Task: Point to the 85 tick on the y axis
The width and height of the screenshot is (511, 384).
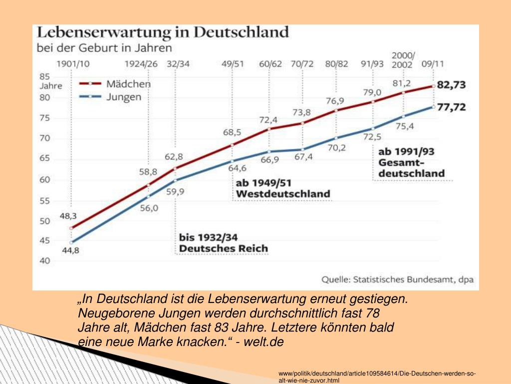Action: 44,76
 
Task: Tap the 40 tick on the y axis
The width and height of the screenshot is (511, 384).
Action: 44,260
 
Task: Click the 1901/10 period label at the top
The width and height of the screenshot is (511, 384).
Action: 72,64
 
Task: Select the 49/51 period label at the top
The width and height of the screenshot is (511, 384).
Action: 232,64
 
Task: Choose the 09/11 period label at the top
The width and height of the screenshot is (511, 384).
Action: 433,64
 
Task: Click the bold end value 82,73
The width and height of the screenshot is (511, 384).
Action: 451,85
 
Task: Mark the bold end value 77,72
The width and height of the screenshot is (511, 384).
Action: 451,107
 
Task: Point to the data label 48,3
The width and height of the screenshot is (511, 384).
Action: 68,216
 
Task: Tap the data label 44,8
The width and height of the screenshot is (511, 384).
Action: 70,251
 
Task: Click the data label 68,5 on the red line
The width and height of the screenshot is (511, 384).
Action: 232,132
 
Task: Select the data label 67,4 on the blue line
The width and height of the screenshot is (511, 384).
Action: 303,157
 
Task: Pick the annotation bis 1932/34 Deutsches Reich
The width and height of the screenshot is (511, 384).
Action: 224,242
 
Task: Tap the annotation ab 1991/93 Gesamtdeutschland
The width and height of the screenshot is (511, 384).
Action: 411,162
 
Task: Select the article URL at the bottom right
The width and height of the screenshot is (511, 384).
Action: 377,377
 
